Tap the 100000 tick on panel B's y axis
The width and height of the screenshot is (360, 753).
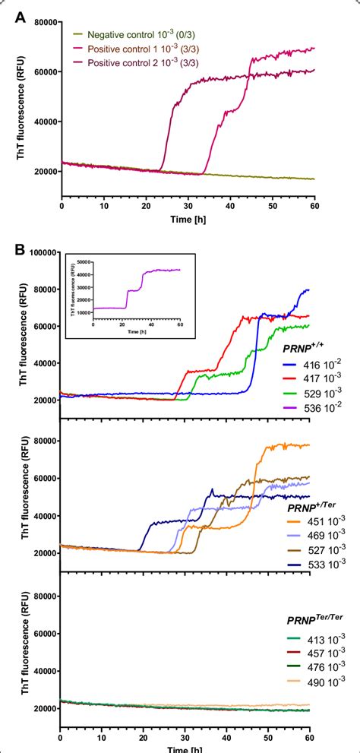coord(41,252)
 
